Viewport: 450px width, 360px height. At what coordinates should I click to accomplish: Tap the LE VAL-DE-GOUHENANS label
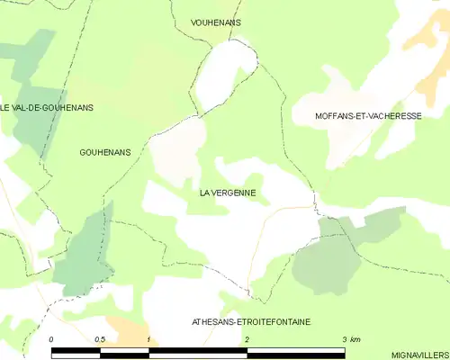click(x=47, y=107)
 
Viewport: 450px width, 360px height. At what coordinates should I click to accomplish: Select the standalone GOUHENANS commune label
click(x=105, y=152)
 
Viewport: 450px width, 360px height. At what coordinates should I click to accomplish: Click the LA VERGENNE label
click(x=228, y=193)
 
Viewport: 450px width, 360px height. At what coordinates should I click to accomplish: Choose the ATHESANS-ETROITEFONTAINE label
click(x=252, y=321)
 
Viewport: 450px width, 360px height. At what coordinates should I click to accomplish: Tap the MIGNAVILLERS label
click(x=421, y=355)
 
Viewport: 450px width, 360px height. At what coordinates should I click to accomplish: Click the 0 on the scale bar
click(x=52, y=338)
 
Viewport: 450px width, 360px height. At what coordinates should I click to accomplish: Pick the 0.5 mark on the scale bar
click(x=99, y=338)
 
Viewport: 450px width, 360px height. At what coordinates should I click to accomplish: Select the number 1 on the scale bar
click(x=148, y=338)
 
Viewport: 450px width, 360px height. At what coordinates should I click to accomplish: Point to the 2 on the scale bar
click(x=246, y=338)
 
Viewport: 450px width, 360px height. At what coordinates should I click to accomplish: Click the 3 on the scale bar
click(x=343, y=338)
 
